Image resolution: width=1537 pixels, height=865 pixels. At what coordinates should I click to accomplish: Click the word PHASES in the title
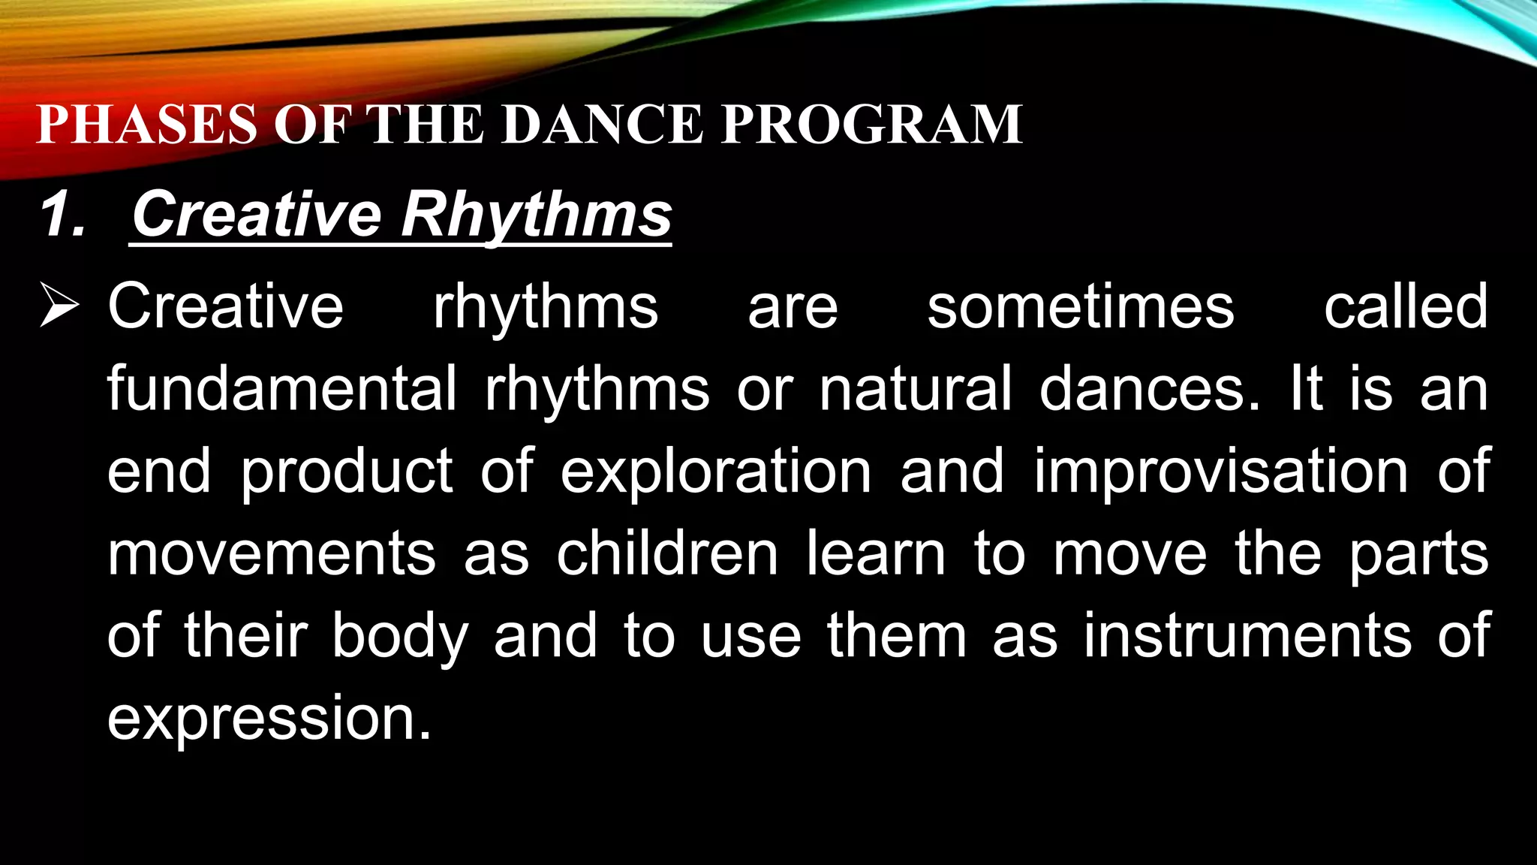(x=147, y=124)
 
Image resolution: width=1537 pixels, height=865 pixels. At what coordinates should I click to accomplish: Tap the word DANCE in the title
(x=603, y=124)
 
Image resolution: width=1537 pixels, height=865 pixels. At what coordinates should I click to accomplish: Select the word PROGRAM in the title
(x=872, y=124)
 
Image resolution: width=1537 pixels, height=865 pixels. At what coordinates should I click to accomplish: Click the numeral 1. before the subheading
(x=64, y=215)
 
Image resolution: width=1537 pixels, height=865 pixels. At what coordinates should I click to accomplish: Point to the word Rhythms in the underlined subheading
(x=536, y=215)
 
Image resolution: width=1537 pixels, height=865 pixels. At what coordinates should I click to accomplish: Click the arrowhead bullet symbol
(x=59, y=306)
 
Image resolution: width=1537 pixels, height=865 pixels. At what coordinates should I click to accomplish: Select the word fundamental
(x=281, y=389)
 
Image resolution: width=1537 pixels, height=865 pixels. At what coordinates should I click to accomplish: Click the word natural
(x=916, y=389)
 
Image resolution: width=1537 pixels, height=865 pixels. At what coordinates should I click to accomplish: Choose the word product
(x=347, y=472)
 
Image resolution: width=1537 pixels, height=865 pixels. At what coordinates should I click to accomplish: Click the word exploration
(x=716, y=472)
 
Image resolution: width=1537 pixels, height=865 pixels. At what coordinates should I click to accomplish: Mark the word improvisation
(x=1221, y=472)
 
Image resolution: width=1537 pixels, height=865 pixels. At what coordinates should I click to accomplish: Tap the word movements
(x=272, y=554)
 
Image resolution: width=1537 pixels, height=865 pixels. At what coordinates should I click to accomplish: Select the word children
(x=667, y=554)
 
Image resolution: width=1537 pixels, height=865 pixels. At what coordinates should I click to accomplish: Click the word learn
(x=876, y=554)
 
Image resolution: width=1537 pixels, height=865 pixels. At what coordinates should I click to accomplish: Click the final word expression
(x=269, y=719)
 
